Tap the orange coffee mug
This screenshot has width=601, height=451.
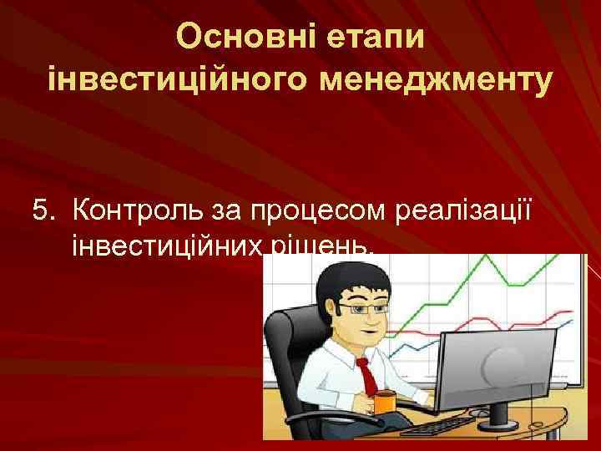point(383,402)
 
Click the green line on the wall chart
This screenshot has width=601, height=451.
point(484,276)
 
